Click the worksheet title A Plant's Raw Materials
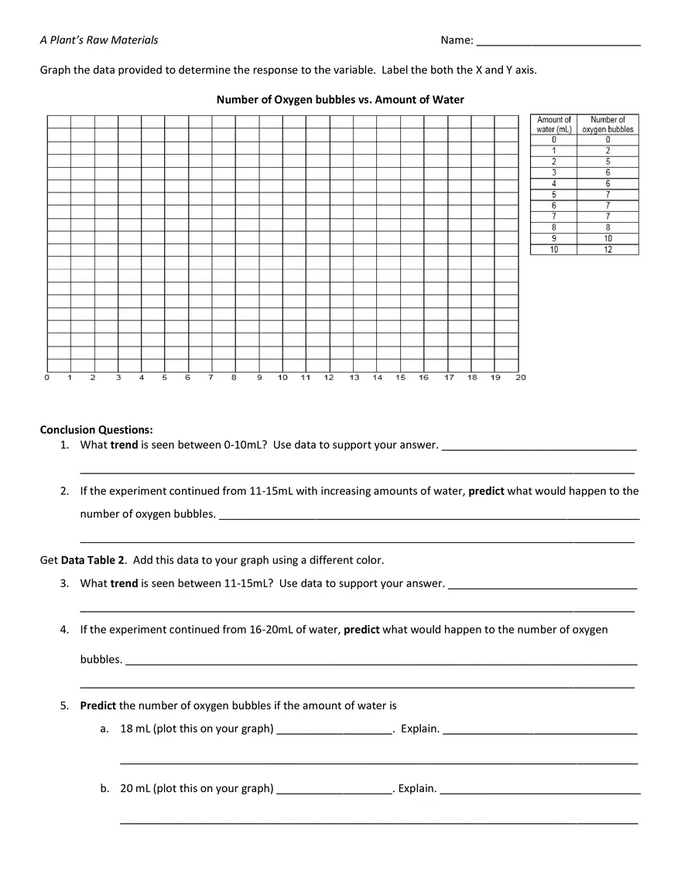pyautogui.click(x=99, y=40)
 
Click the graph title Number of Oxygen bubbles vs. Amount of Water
pyautogui.click(x=340, y=100)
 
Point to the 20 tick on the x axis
pyautogui.click(x=520, y=377)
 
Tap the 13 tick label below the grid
pyautogui.click(x=354, y=377)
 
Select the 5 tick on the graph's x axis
pyautogui.click(x=164, y=377)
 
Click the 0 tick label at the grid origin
pyautogui.click(x=47, y=377)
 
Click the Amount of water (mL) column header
pyautogui.click(x=553, y=125)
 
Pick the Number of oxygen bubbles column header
pyautogui.click(x=607, y=125)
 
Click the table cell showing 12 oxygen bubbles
pyautogui.click(x=607, y=250)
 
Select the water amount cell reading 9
pyautogui.click(x=553, y=239)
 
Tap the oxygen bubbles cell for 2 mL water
pyautogui.click(x=607, y=162)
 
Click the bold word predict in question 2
pyautogui.click(x=486, y=491)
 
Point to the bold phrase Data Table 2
pyautogui.click(x=91, y=560)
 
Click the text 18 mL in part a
pyautogui.click(x=135, y=729)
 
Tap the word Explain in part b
pyautogui.click(x=416, y=789)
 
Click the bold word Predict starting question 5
pyautogui.click(x=98, y=705)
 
